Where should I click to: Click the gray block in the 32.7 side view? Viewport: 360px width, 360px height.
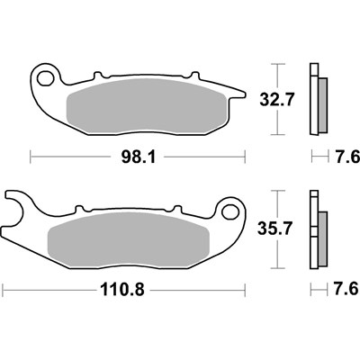[321, 101]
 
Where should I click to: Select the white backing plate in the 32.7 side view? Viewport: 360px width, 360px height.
[313, 99]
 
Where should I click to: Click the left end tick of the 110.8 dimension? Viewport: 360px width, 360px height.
[3, 290]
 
